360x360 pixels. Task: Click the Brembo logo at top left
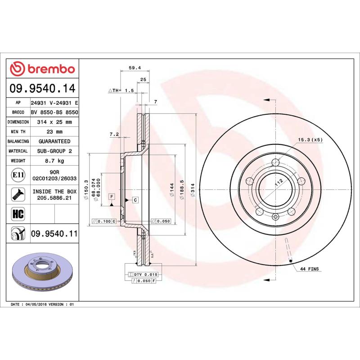42,69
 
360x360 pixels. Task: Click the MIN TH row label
18,132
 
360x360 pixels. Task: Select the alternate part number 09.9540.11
54,234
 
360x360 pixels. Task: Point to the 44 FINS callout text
310,269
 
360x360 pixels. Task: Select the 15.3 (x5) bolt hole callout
310,140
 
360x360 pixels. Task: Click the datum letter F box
111,197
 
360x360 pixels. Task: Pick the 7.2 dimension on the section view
114,135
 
